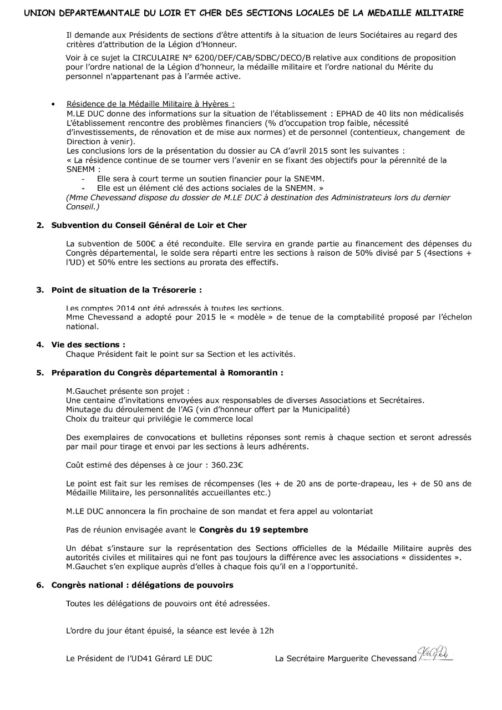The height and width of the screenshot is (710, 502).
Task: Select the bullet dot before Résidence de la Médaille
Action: tap(53, 104)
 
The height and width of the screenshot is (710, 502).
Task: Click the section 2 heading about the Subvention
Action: tap(149, 225)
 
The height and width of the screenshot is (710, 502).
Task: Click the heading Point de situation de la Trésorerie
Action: tap(126, 290)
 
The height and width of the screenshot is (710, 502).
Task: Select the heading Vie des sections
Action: tap(88, 344)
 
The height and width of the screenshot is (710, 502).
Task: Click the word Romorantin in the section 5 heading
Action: tap(254, 373)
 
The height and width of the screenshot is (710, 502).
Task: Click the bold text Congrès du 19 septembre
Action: tap(253, 530)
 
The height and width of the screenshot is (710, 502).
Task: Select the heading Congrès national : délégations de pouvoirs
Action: tap(142, 585)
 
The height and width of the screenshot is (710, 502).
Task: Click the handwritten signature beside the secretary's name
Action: tap(435, 656)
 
